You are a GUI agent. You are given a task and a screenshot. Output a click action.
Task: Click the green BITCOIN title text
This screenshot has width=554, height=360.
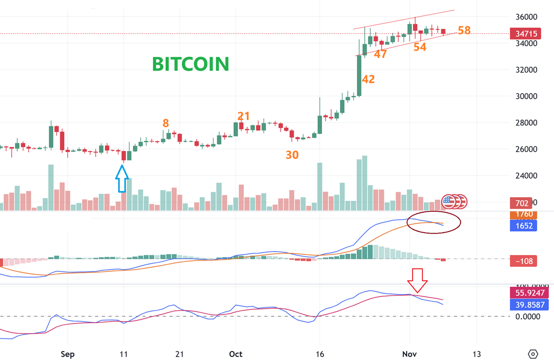(x=191, y=64)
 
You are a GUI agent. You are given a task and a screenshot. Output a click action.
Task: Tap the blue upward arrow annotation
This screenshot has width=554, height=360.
(x=122, y=179)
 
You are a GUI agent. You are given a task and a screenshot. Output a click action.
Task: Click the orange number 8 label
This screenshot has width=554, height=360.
(x=166, y=123)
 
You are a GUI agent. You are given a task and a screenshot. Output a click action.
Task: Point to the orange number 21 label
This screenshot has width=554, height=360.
(x=243, y=116)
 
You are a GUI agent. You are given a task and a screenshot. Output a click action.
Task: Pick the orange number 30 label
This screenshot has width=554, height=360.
(x=292, y=155)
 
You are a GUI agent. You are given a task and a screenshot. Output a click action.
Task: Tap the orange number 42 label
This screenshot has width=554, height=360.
(x=368, y=79)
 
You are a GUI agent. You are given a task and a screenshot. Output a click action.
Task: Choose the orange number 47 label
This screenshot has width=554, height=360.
(x=381, y=54)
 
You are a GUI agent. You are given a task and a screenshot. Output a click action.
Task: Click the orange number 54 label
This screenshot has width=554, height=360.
(x=420, y=47)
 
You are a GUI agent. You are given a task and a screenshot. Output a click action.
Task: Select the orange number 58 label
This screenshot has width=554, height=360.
(x=464, y=31)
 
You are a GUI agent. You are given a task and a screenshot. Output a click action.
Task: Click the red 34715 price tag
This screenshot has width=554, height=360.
(x=525, y=34)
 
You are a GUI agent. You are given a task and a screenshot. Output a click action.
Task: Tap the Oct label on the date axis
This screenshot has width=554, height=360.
(x=236, y=353)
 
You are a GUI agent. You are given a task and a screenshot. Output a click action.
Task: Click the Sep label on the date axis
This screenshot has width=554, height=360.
(x=68, y=353)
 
